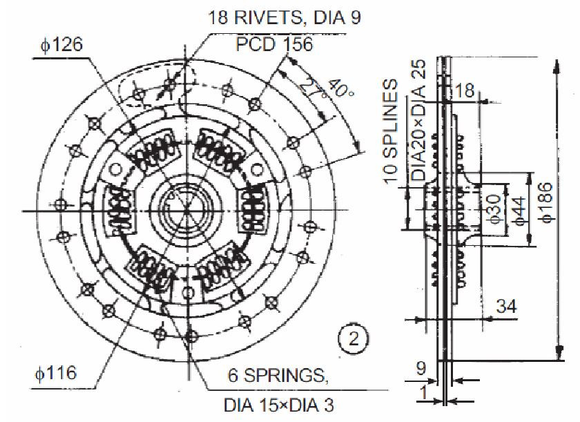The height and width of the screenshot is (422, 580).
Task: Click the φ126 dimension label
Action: point(61,45)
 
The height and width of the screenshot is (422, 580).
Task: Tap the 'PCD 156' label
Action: point(274,45)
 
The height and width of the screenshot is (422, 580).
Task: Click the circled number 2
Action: point(353,338)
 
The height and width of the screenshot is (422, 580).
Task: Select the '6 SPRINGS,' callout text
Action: point(275,376)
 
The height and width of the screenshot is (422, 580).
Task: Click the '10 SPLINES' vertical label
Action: point(392,131)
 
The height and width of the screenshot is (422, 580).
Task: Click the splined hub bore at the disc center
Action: point(185,206)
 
